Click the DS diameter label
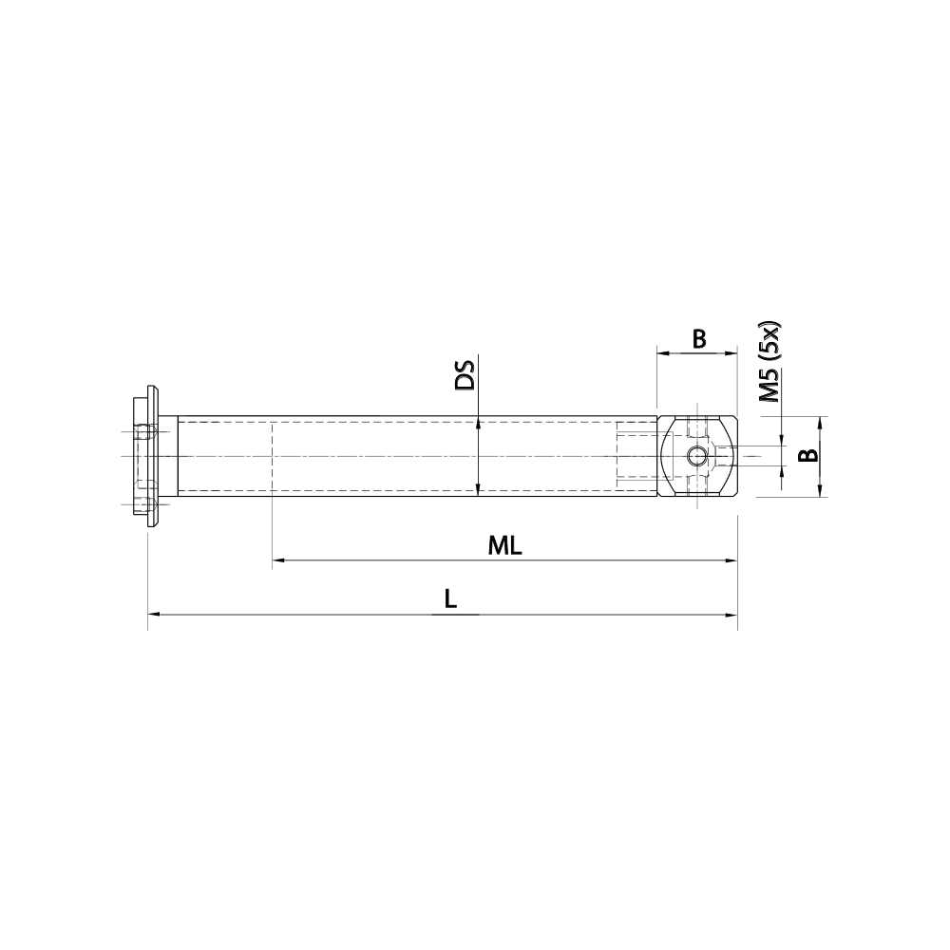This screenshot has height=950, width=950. tap(465, 375)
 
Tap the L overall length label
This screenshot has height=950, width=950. tap(451, 599)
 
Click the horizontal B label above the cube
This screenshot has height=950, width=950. tap(698, 339)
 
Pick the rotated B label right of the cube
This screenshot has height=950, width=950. tap(807, 455)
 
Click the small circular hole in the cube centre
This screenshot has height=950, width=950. tap(697, 456)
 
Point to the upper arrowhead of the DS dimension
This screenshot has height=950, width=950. tap(479, 422)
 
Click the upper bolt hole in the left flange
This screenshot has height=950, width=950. tap(145, 432)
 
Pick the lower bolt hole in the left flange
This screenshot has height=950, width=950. tap(145, 504)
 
